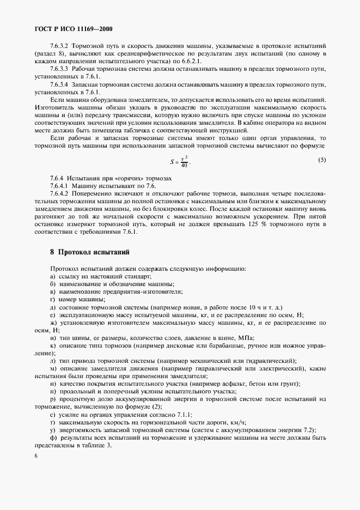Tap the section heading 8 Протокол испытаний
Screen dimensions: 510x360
[90, 252]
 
